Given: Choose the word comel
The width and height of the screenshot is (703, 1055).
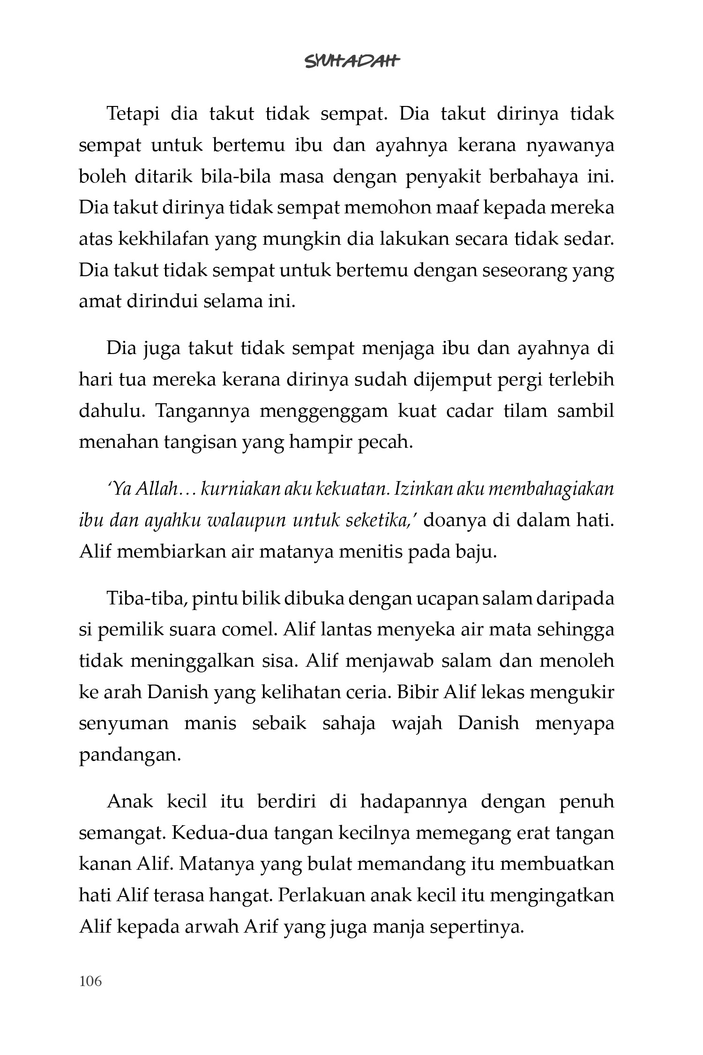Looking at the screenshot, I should (251, 631).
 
